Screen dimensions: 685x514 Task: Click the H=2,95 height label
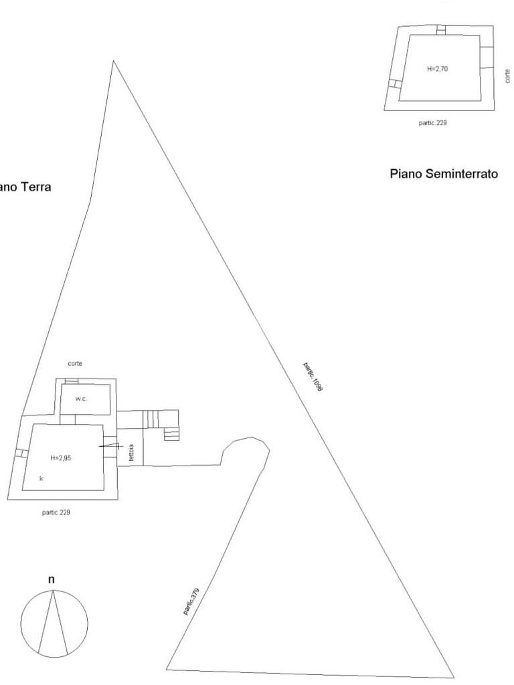pyautogui.click(x=60, y=458)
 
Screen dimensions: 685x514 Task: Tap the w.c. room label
pyautogui.click(x=81, y=399)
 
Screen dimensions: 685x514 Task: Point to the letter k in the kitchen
pyautogui.click(x=41, y=478)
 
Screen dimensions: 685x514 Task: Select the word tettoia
pyautogui.click(x=132, y=454)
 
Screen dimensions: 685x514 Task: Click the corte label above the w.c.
pyautogui.click(x=76, y=363)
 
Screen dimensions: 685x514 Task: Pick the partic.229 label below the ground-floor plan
pyautogui.click(x=56, y=512)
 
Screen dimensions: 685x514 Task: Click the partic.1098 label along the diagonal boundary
pyautogui.click(x=313, y=377)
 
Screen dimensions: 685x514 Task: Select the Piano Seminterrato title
pyautogui.click(x=444, y=174)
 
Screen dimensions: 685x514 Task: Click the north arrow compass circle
pyautogui.click(x=54, y=621)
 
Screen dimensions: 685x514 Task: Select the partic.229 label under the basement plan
pyautogui.click(x=432, y=124)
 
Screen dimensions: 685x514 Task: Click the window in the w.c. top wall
pyautogui.click(x=72, y=381)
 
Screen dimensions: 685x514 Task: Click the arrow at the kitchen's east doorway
pyautogui.click(x=108, y=446)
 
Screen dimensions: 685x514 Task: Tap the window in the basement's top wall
pyautogui.click(x=440, y=29)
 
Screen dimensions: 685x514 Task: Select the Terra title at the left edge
pyautogui.click(x=25, y=187)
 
